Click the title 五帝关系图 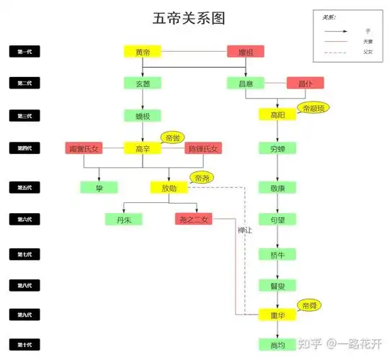pyautogui.click(x=195, y=18)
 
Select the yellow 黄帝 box pyautogui.click(x=142, y=52)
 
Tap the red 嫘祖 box pyautogui.click(x=246, y=52)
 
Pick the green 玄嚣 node pyautogui.click(x=142, y=83)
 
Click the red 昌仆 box pyautogui.click(x=305, y=83)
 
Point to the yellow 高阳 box pyautogui.click(x=277, y=114)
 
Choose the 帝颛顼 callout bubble pyautogui.click(x=314, y=108)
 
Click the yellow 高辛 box pyautogui.click(x=142, y=148)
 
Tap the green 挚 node pyautogui.click(x=99, y=187)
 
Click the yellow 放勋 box pyautogui.click(x=169, y=187)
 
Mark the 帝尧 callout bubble pyautogui.click(x=200, y=177)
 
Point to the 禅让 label pyautogui.click(x=246, y=230)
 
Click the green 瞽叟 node pyautogui.click(x=277, y=285)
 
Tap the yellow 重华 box pyautogui.click(x=277, y=315)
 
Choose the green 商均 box pyautogui.click(x=277, y=346)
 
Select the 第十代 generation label pyautogui.click(x=25, y=345)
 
